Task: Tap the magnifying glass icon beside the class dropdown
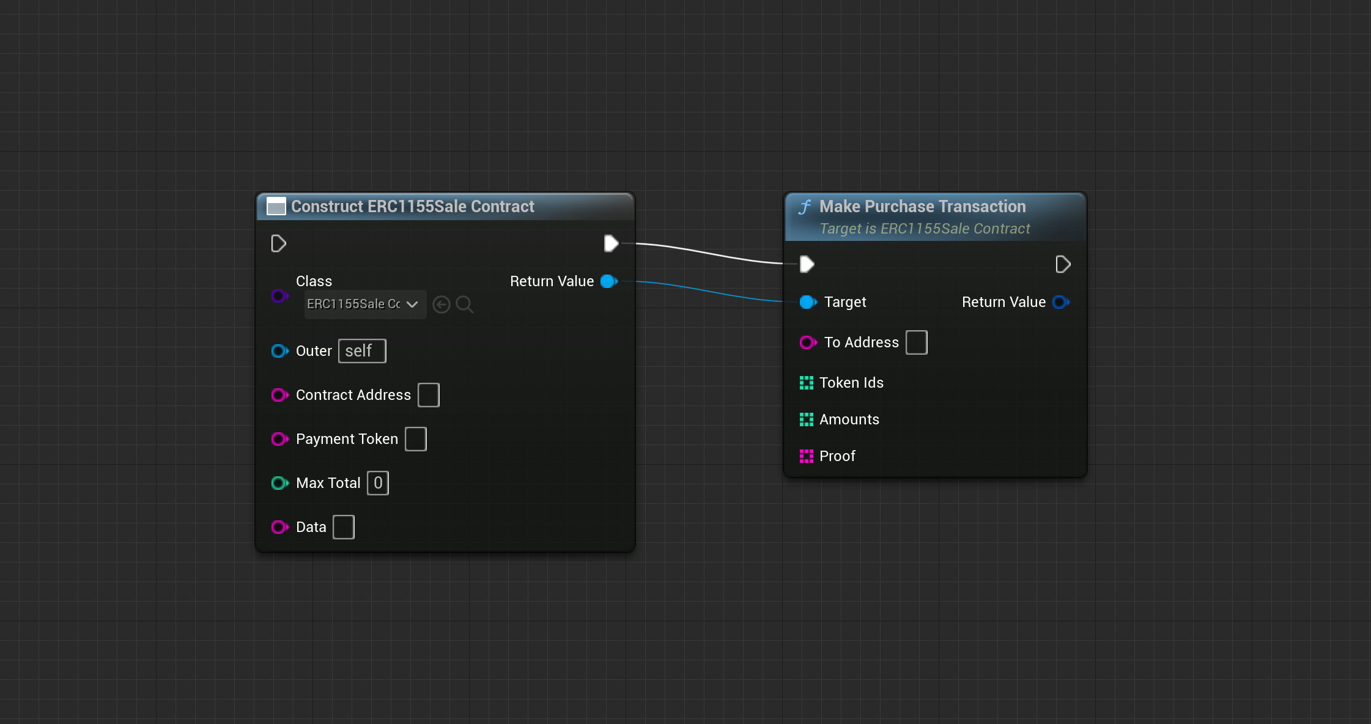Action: (465, 305)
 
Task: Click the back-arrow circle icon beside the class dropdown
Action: (442, 305)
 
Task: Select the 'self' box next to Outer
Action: (362, 351)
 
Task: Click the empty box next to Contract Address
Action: (429, 395)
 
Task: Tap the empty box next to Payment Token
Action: (416, 439)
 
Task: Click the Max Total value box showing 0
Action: (378, 483)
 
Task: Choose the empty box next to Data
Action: (344, 527)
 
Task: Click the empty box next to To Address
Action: (917, 342)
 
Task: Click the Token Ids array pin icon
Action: (807, 383)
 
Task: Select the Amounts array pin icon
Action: (807, 419)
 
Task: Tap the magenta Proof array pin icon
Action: (807, 456)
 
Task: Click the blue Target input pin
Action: (808, 302)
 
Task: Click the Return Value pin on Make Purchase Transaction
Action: (1061, 302)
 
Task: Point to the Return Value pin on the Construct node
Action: (609, 281)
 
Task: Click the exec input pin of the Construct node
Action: (279, 243)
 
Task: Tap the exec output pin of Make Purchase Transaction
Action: (1063, 264)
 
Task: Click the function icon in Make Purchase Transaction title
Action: (805, 207)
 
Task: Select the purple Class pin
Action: (280, 296)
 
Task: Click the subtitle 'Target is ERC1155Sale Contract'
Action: (925, 229)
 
